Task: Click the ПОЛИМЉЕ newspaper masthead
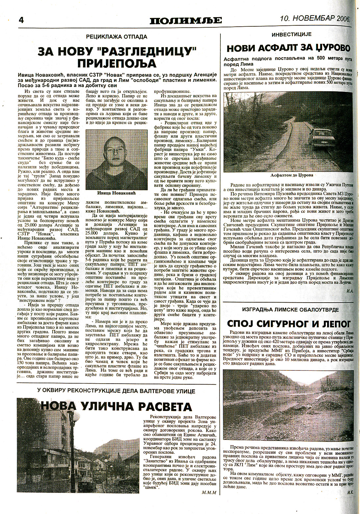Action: pyautogui.click(x=186, y=20)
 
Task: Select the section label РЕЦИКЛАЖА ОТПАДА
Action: pyautogui.click(x=116, y=37)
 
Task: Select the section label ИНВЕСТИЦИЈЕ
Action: pyautogui.click(x=287, y=34)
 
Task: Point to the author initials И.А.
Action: pyautogui.click(x=349, y=291)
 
